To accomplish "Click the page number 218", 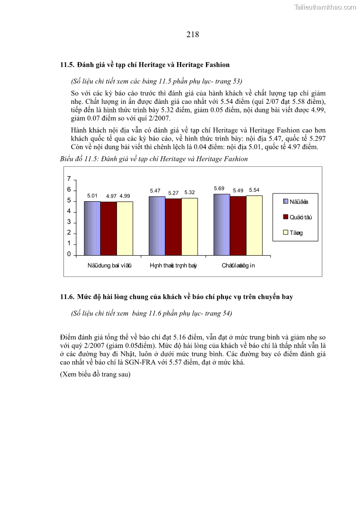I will pyautogui.click(x=192, y=34).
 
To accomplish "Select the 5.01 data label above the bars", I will pyautogui.click(x=92, y=196).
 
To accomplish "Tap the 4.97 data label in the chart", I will pyautogui.click(x=111, y=196).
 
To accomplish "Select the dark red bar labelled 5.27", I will pyautogui.click(x=173, y=226).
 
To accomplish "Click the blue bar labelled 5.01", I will pyautogui.click(x=92, y=228).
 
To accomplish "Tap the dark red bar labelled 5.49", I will pyautogui.click(x=238, y=225).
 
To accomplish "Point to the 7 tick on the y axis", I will pyautogui.click(x=69, y=179).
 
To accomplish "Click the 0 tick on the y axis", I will pyautogui.click(x=69, y=254).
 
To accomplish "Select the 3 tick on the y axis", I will pyautogui.click(x=69, y=222).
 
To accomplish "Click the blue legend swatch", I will pyautogui.click(x=286, y=201).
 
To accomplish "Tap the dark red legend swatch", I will pyautogui.click(x=286, y=217).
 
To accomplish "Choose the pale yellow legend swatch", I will pyautogui.click(x=286, y=233).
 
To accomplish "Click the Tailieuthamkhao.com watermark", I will pyautogui.click(x=325, y=7).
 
